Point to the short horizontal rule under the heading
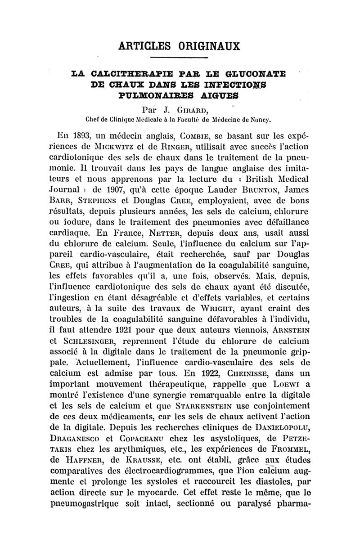coord(180,58)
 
